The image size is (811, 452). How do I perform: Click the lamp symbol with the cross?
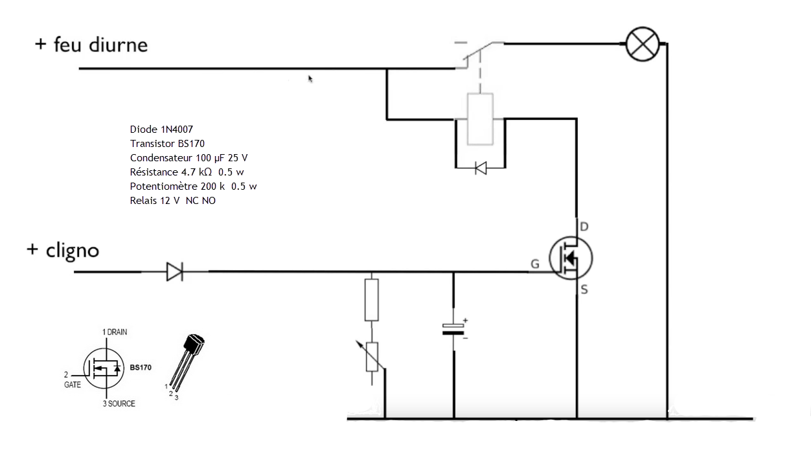pos(643,44)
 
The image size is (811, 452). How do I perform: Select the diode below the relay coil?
pos(480,168)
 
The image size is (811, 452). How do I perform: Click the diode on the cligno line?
pos(174,272)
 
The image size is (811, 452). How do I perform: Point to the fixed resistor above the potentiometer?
pos(371,300)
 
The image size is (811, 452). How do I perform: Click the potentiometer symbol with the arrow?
pos(372,357)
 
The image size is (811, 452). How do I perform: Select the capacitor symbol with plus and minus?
pos(454,328)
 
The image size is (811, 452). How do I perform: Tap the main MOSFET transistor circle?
pos(570,258)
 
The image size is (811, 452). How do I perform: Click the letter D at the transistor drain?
pos(584,227)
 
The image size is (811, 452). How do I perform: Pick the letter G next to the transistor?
pos(535,264)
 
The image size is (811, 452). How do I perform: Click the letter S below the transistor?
pos(584,290)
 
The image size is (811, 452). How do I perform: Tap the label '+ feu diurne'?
pos(91,45)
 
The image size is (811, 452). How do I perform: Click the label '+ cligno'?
pos(63,250)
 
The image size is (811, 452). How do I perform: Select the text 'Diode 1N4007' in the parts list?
pos(161,130)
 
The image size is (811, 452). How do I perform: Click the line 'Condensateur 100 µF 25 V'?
pos(188,158)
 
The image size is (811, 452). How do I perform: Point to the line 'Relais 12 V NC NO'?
pos(173,201)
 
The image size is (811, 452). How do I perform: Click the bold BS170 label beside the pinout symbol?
pos(141,367)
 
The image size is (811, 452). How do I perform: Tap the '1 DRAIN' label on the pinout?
pos(115,332)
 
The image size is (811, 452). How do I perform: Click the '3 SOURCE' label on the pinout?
pos(119,403)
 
